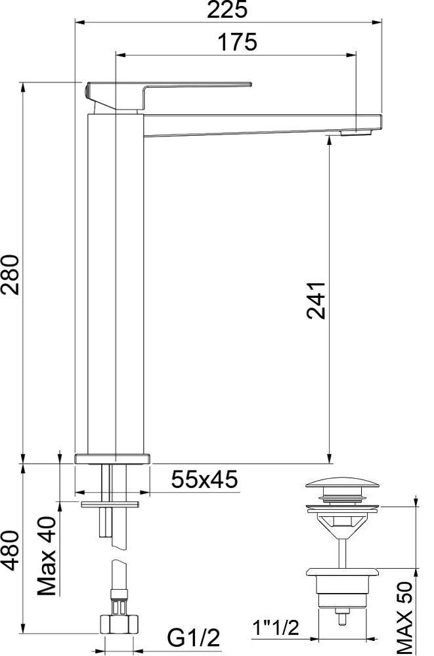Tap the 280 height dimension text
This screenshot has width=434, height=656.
(x=11, y=274)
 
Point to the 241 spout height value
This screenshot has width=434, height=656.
(x=316, y=301)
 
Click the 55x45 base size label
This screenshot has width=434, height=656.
(x=204, y=480)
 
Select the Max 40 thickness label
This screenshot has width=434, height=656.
(x=47, y=556)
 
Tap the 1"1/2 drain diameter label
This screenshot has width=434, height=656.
(x=276, y=628)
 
